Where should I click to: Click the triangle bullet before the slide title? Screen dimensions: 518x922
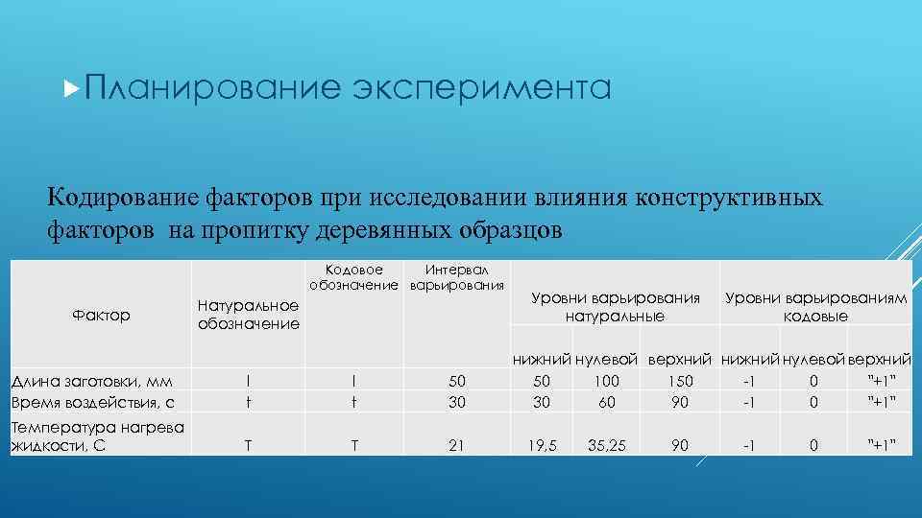[68, 89]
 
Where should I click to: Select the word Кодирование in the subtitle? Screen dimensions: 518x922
[123, 199]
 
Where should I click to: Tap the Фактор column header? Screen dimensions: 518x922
[101, 315]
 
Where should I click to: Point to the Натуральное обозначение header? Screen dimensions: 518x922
[248, 315]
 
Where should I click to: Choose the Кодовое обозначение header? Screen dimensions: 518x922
[353, 278]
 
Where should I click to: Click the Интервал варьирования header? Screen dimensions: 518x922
[456, 278]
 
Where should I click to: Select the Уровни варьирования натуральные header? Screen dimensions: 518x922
[615, 306]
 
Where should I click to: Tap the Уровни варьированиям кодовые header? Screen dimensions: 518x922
[815, 306]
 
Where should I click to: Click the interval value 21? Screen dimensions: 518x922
[456, 444]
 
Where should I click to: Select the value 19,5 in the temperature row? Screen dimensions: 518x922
[543, 444]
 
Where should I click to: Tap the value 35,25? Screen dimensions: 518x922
[608, 444]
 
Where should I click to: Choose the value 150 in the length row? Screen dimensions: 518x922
[679, 382]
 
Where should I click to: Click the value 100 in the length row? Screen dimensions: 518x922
[606, 382]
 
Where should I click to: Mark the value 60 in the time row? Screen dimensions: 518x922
[607, 402]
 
